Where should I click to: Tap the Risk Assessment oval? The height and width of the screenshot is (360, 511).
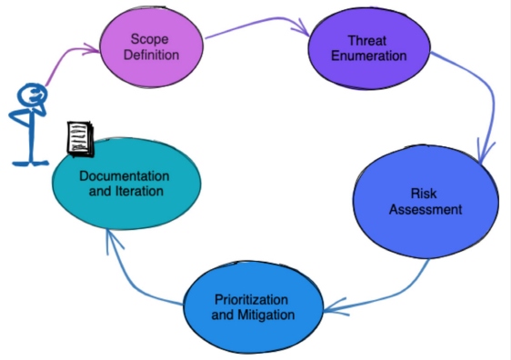point(425,202)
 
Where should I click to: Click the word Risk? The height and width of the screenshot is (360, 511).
point(426,194)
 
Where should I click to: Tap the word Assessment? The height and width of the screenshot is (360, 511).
point(426,210)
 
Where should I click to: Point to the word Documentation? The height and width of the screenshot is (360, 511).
point(124,175)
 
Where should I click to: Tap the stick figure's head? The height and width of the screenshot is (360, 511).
point(33,95)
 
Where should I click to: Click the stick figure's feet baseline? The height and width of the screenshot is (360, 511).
point(31,164)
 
